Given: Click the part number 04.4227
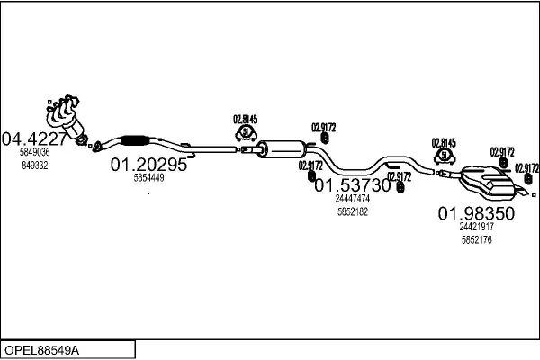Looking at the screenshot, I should (33, 139).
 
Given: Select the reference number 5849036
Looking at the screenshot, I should (35, 153).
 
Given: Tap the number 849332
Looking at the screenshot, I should (35, 166).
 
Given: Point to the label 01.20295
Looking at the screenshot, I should (148, 166).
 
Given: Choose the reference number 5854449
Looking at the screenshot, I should (148, 178).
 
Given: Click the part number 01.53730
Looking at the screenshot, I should (352, 185).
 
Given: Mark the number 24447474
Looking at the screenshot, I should (352, 198).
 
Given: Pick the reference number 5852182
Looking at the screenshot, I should (352, 211).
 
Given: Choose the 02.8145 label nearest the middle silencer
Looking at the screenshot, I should (245, 119).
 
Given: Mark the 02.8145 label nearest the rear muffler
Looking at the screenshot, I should (444, 142).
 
